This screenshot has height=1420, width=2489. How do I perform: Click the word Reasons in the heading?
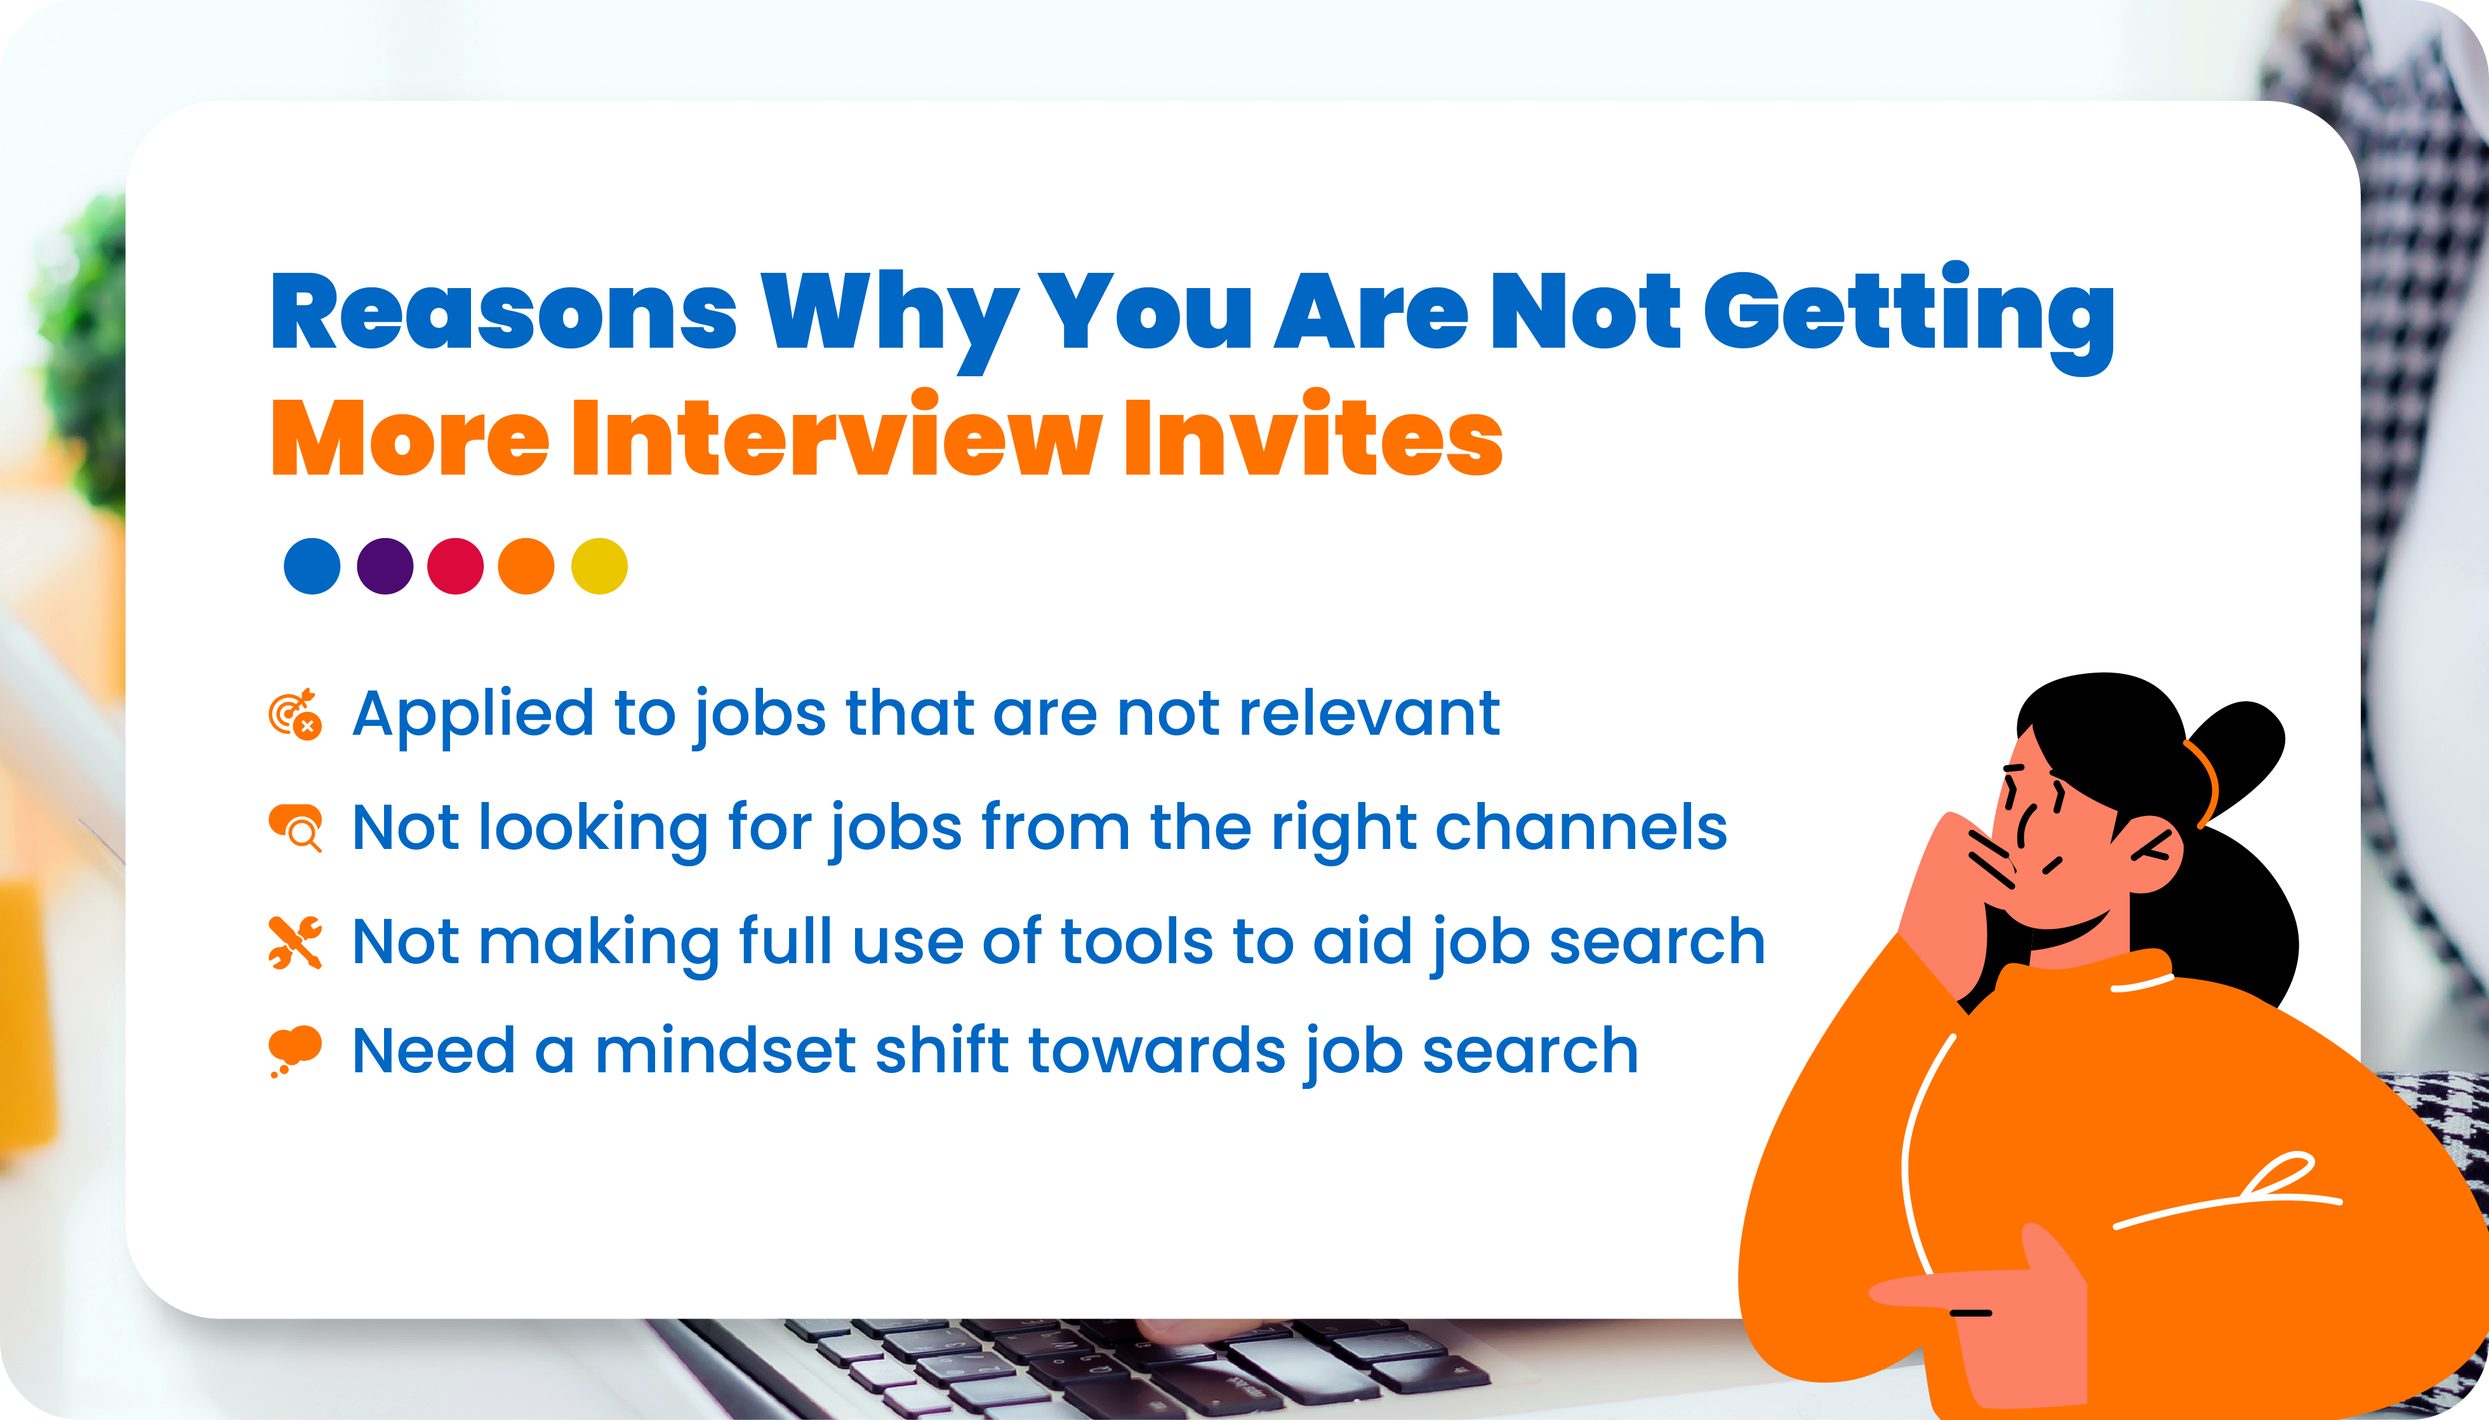coord(503,312)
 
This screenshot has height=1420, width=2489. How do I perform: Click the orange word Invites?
coord(1312,439)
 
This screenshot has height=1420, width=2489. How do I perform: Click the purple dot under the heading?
coord(385,566)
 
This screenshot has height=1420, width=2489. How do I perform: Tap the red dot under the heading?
coord(456,566)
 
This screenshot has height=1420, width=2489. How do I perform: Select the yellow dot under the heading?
coord(599,566)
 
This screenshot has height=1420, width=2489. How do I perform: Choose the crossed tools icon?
coord(295,942)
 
